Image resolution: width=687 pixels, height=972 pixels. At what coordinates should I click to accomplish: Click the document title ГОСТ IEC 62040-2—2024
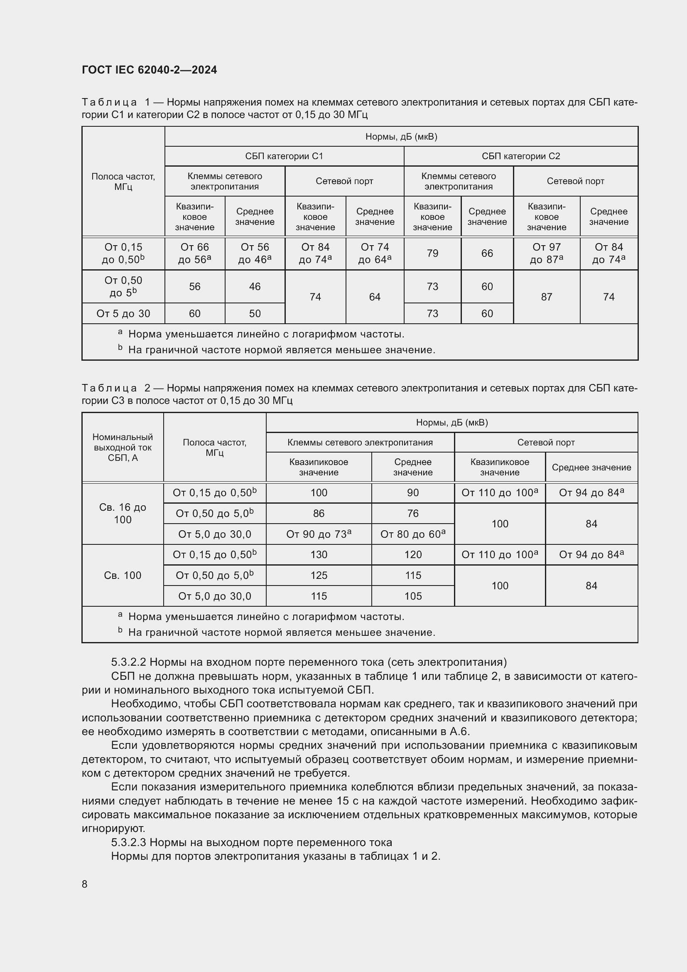(x=150, y=70)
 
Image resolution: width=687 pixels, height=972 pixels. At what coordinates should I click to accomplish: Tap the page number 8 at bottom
(x=85, y=884)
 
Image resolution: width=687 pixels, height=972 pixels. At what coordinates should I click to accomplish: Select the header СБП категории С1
(x=284, y=156)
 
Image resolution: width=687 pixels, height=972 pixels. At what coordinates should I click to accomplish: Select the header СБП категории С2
(x=520, y=156)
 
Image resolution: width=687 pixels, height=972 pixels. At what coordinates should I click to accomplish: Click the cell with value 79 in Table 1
(x=432, y=253)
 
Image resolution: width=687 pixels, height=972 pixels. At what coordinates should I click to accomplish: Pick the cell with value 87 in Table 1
(x=546, y=297)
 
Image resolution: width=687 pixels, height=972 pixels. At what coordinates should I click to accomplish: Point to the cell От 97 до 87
(x=546, y=253)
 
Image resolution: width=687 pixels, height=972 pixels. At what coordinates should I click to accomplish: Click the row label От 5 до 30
(x=123, y=314)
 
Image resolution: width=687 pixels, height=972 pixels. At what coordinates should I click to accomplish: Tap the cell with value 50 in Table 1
(x=255, y=314)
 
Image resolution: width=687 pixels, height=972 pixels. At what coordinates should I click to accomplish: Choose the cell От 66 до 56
(x=194, y=253)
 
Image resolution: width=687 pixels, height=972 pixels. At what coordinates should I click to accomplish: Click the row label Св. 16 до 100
(x=123, y=513)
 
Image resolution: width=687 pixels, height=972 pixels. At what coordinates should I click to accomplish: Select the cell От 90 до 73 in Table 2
(x=319, y=534)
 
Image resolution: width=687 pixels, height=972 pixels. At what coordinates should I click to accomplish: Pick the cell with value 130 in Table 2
(x=319, y=555)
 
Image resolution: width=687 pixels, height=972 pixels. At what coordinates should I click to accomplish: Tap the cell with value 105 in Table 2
(x=412, y=596)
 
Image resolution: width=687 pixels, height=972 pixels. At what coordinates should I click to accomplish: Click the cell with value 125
(x=319, y=575)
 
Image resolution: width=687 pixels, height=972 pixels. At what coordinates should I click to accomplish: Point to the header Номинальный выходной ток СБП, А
(x=123, y=448)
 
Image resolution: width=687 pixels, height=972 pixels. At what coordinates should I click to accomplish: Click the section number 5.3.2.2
(x=128, y=662)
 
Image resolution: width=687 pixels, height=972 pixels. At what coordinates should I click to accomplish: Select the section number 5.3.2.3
(x=128, y=842)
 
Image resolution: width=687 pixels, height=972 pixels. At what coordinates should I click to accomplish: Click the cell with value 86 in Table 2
(x=319, y=514)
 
